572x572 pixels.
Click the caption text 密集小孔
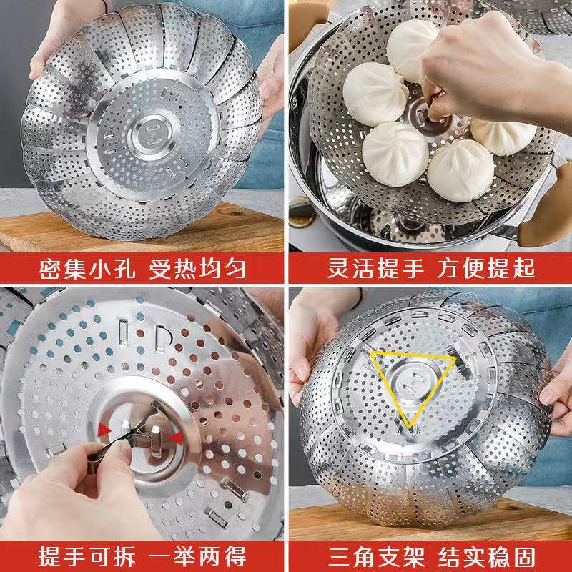[x=87, y=269]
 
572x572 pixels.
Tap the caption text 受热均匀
[x=197, y=269]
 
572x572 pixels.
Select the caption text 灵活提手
[x=376, y=268]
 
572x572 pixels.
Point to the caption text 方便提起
[x=486, y=268]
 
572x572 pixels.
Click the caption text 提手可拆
[x=87, y=557]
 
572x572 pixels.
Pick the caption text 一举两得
[x=197, y=557]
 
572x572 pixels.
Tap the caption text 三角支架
[x=376, y=557]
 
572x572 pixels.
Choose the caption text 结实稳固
[x=487, y=557]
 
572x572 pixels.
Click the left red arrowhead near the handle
[x=104, y=430]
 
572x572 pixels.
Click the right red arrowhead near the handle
[x=177, y=438]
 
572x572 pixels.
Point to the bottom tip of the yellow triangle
[x=409, y=428]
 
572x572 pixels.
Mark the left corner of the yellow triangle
[x=372, y=352]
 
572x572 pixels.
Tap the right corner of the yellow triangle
[x=455, y=359]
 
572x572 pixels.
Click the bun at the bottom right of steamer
[x=460, y=171]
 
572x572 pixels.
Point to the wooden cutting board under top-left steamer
[x=142, y=230]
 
